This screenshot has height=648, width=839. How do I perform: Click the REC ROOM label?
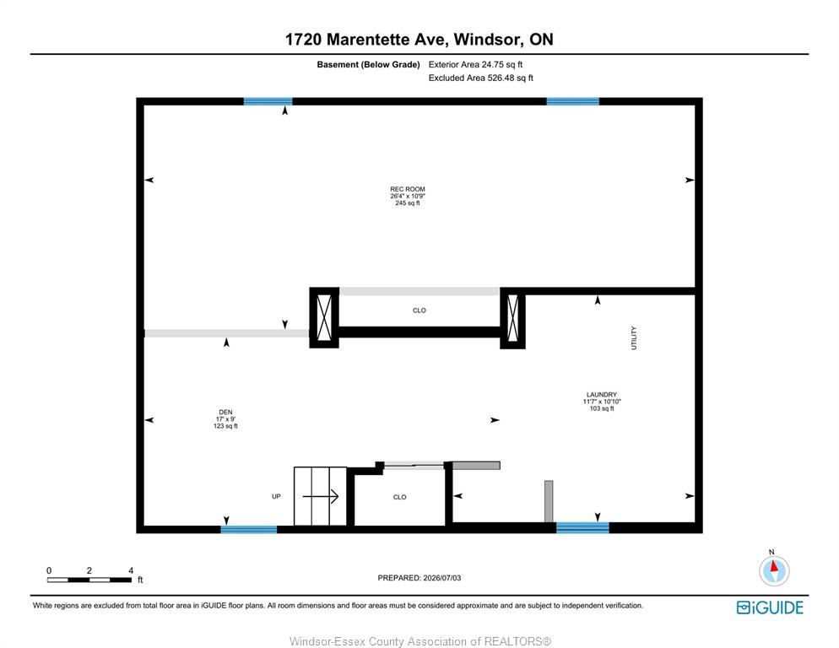[x=407, y=189]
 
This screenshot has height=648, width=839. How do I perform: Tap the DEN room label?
[x=225, y=412]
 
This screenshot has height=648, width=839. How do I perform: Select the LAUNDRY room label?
[x=602, y=394]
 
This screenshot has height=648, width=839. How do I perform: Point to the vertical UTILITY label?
[x=634, y=337]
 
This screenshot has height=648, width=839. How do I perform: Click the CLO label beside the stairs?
[x=400, y=497]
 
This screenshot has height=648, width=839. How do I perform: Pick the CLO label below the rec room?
[x=419, y=310]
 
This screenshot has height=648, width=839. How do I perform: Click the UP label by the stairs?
[x=276, y=497]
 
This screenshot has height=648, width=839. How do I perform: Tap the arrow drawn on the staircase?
[x=321, y=497]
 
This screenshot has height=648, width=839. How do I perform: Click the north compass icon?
[x=774, y=570]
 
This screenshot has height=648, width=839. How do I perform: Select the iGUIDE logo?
[x=770, y=607]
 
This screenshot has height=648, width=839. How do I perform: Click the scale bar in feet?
[x=89, y=580]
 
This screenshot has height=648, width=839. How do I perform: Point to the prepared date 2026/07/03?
[x=419, y=578]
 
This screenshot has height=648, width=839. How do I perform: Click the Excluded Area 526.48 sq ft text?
[x=480, y=78]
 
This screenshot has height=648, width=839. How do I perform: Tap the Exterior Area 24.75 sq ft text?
[x=475, y=65]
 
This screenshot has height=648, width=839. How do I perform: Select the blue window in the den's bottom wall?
[x=249, y=529]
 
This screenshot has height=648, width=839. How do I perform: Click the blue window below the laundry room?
[x=582, y=527]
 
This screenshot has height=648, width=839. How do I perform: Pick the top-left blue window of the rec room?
[x=268, y=101]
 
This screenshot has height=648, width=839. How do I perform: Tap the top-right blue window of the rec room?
[x=572, y=101]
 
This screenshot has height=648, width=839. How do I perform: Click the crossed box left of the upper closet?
[x=324, y=318]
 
